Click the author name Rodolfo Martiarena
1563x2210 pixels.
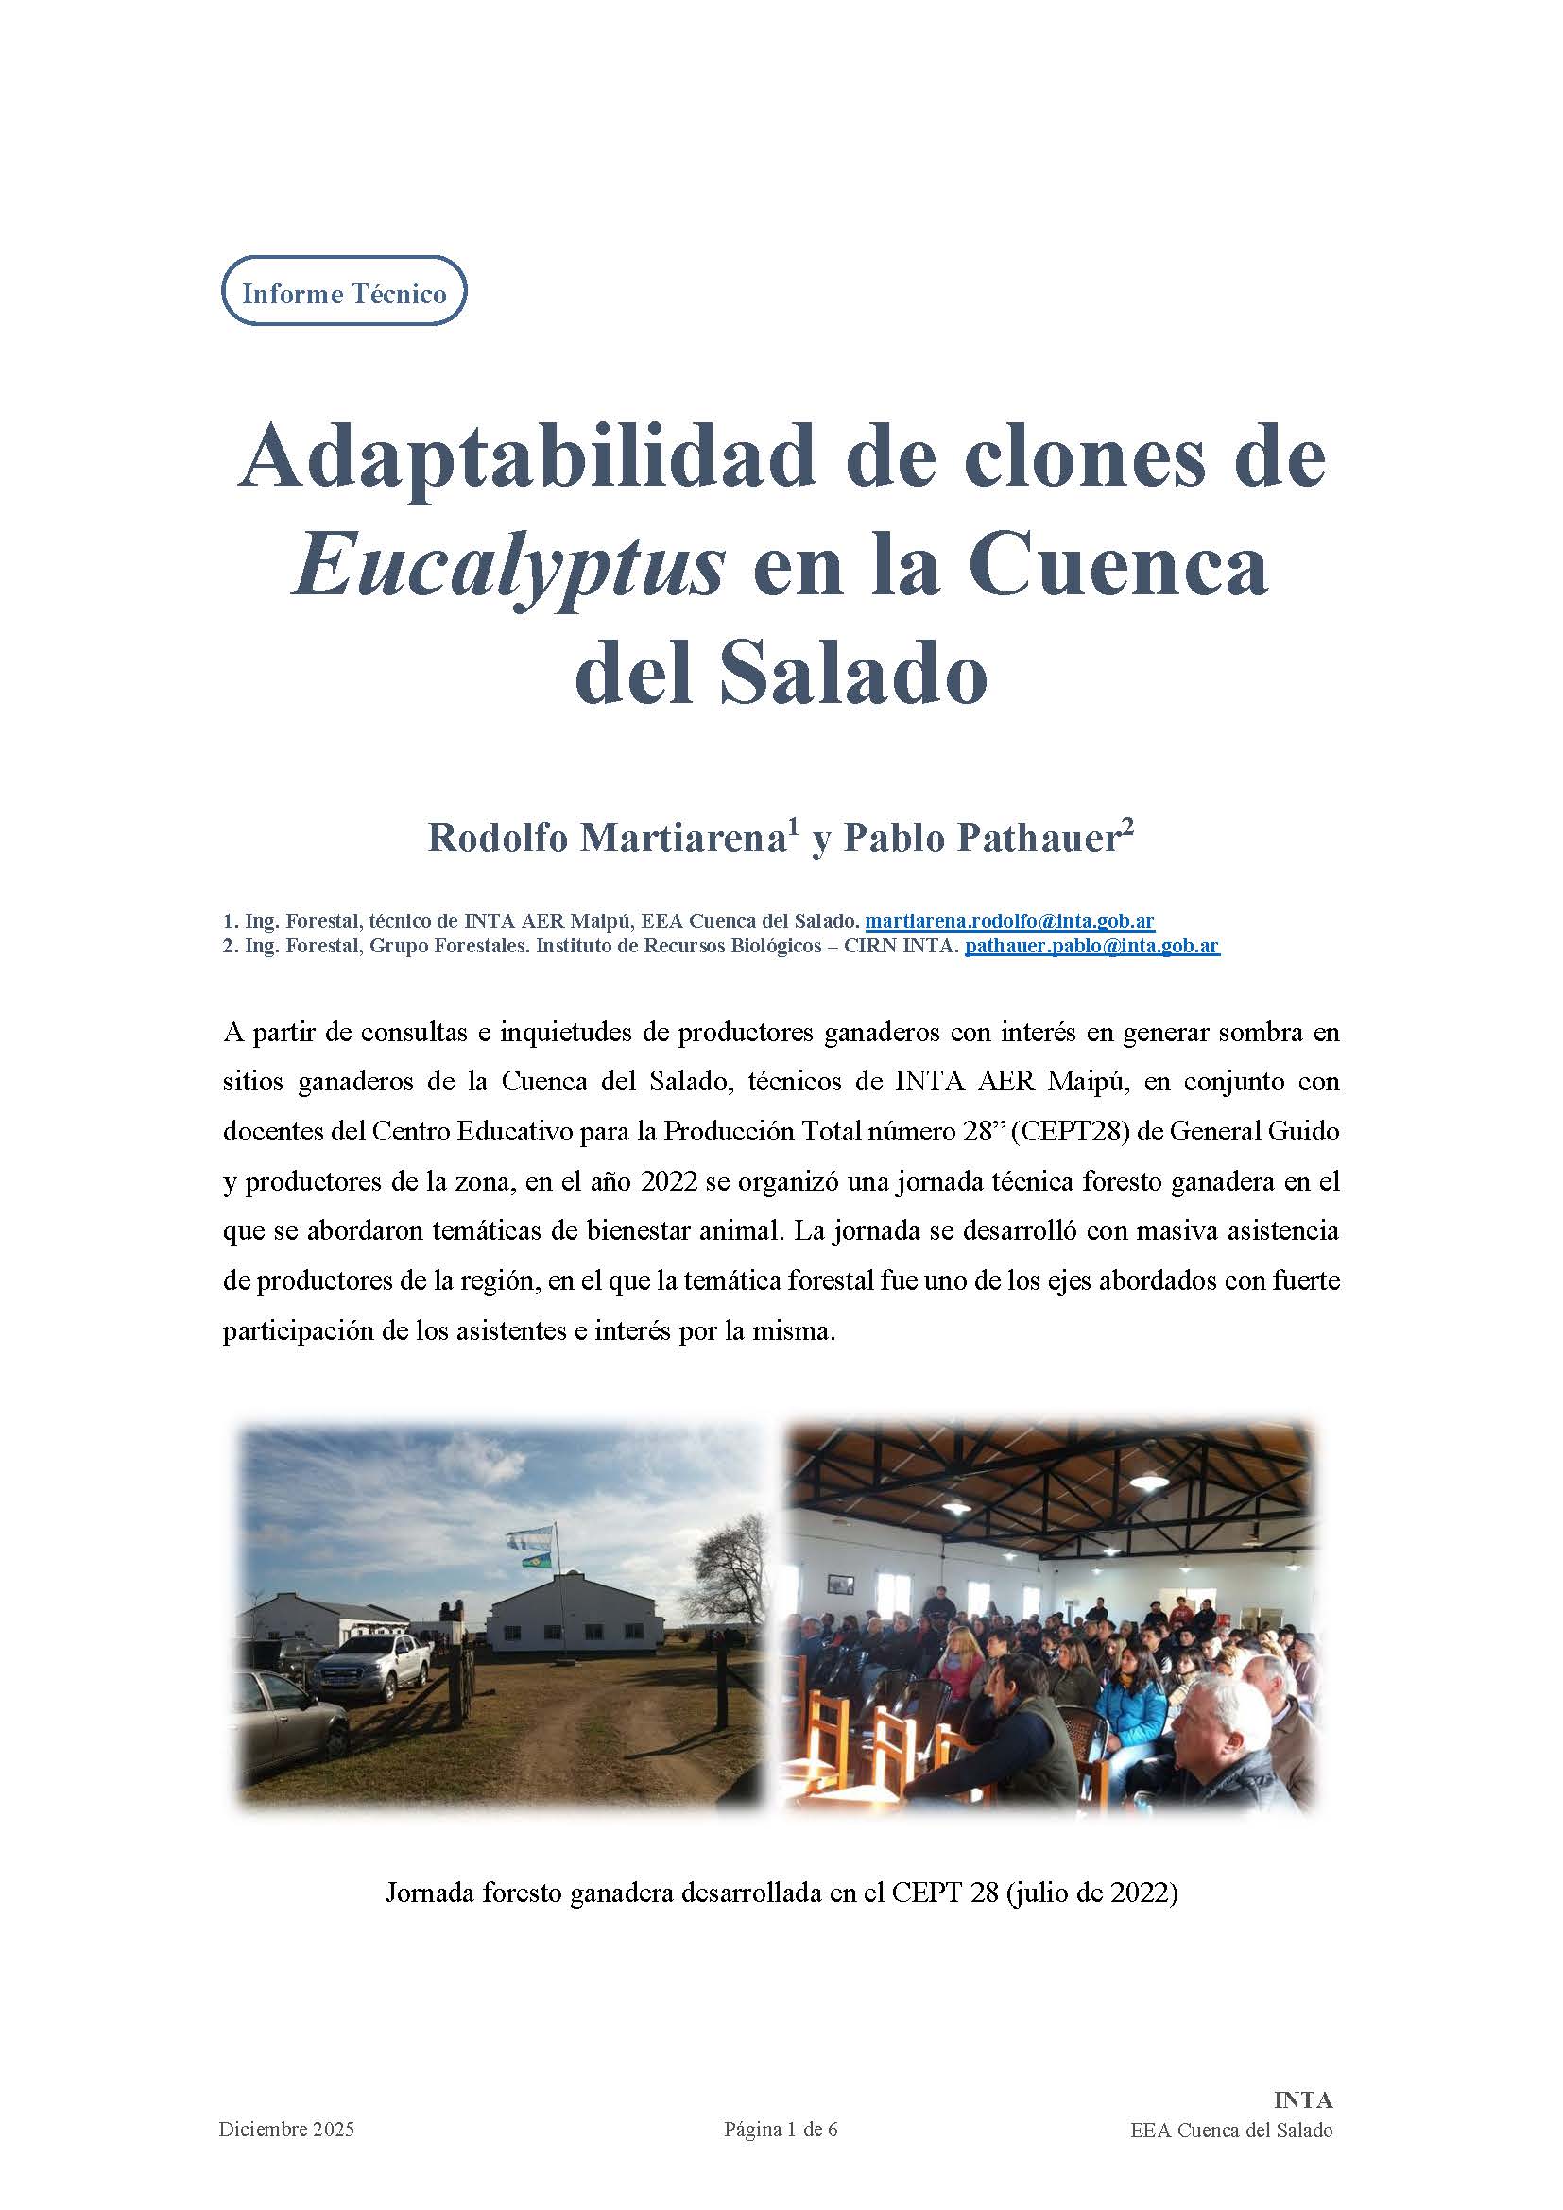tap(609, 838)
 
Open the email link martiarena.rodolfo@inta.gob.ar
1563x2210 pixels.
tap(1009, 921)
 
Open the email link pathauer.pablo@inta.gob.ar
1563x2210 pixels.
tap(1092, 946)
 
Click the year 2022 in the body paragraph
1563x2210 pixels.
tap(667, 1181)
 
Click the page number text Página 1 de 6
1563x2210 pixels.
tap(781, 2157)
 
